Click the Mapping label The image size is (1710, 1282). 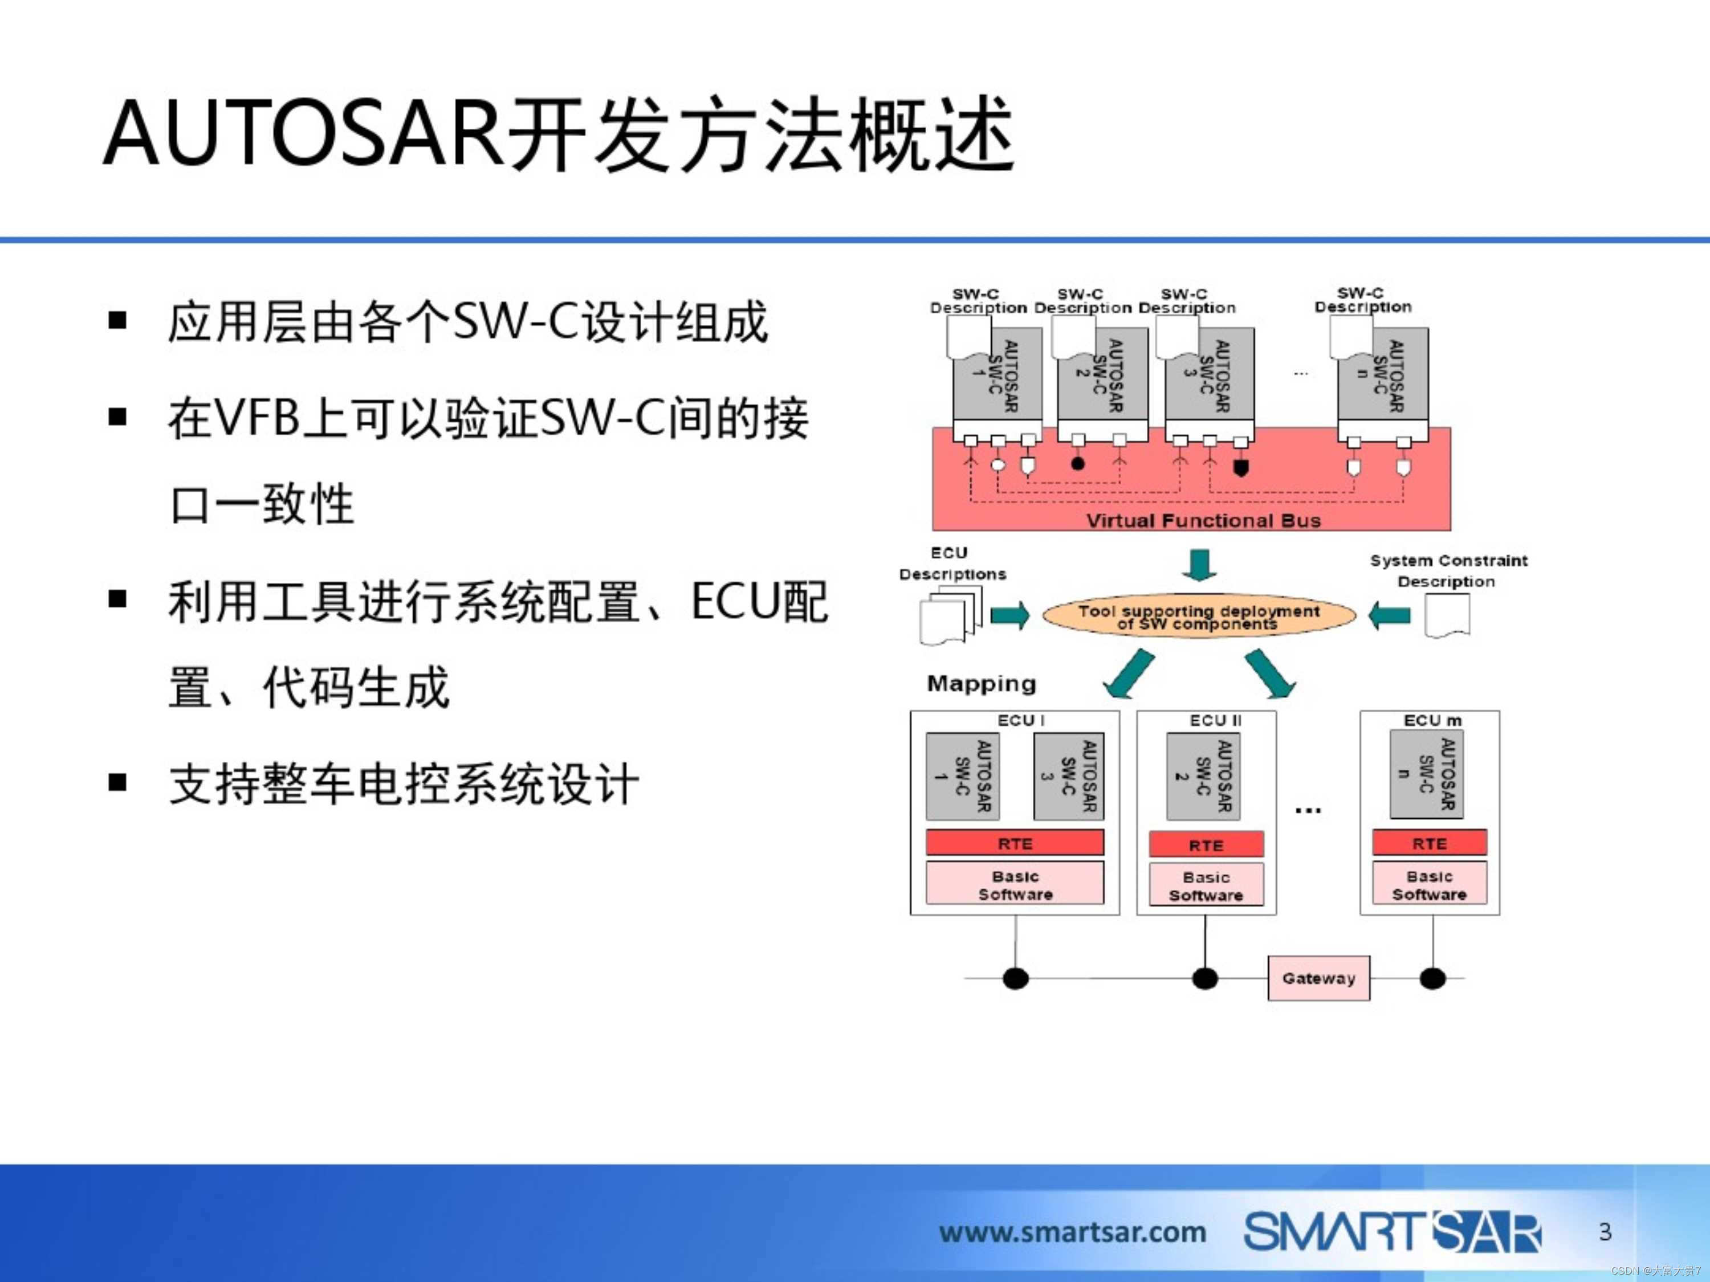pos(981,683)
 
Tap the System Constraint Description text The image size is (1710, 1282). pos(1448,570)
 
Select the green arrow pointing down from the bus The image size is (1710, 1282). pos(1199,564)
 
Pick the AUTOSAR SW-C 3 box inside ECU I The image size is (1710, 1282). pos(1068,776)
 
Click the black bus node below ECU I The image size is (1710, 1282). pos(1015,978)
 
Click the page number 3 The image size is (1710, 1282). pos(1605,1231)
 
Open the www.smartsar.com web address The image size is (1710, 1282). pos(1072,1232)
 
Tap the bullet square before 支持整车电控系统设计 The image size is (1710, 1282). pos(117,783)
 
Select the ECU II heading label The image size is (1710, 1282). pos(1215,720)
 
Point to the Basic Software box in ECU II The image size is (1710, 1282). pos(1206,885)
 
